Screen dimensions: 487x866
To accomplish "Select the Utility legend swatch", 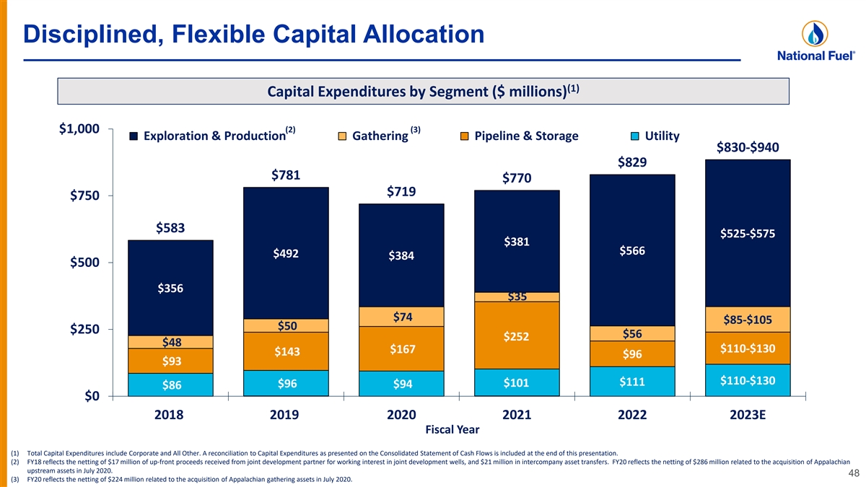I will coord(636,136).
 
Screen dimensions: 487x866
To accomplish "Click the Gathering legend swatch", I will coord(343,136).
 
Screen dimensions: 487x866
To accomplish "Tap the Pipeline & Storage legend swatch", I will coord(465,136).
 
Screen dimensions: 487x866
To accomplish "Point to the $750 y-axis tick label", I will coord(84,196).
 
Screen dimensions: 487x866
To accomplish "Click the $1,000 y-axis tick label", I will coord(79,130).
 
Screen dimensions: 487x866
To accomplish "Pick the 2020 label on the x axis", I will coord(401,415).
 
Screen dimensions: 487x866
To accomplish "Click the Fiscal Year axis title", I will coord(452,430).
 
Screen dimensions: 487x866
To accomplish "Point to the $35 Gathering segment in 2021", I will coord(517,297).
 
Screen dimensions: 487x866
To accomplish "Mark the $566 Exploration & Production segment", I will coord(632,250).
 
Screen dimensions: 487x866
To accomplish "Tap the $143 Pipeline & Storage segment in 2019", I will coord(287,352).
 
